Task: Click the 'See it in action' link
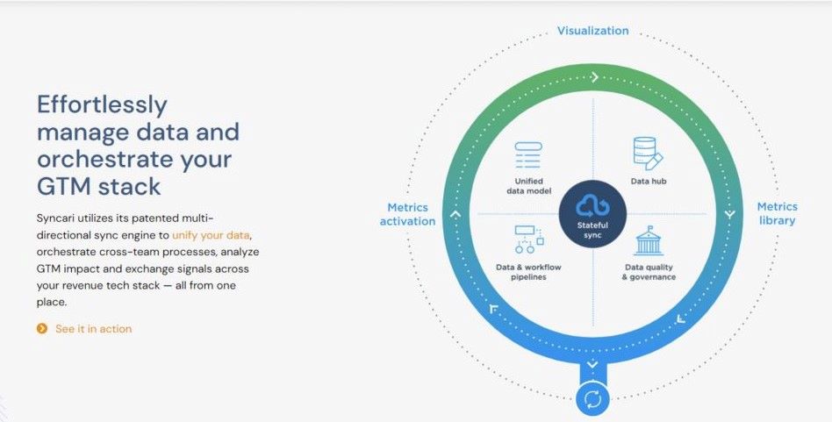click(93, 329)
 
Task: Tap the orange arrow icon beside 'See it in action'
click(41, 329)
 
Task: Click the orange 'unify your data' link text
click(212, 235)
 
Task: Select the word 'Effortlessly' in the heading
click(102, 105)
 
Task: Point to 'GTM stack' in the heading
click(99, 186)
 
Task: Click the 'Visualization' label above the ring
click(593, 31)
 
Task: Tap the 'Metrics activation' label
click(407, 214)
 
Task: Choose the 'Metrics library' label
click(777, 213)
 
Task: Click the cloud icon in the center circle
click(592, 205)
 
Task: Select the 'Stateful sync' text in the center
click(592, 231)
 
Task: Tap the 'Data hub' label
click(650, 182)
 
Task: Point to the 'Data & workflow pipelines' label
click(529, 272)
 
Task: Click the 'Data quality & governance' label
click(649, 272)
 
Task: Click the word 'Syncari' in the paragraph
click(58, 218)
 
